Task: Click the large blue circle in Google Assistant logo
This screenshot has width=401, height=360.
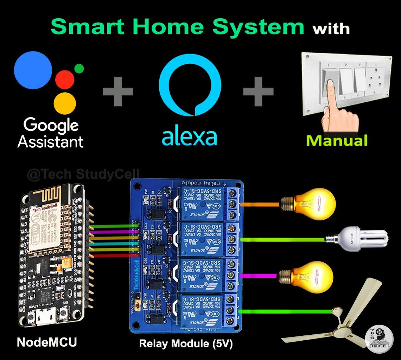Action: click(33, 70)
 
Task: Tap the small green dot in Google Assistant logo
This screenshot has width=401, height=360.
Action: click(79, 69)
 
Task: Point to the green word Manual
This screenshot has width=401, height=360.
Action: click(336, 141)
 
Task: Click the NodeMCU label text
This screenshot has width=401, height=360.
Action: click(46, 342)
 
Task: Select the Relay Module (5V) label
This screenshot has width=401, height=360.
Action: click(186, 343)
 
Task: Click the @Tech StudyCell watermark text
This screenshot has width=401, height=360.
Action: click(83, 174)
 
